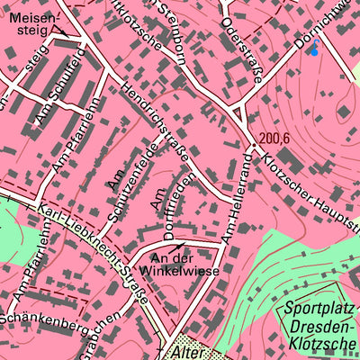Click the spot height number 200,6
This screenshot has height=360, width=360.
[x=275, y=139]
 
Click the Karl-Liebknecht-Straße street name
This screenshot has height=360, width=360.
[x=90, y=255]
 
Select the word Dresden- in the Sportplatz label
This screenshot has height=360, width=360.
[x=320, y=328]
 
